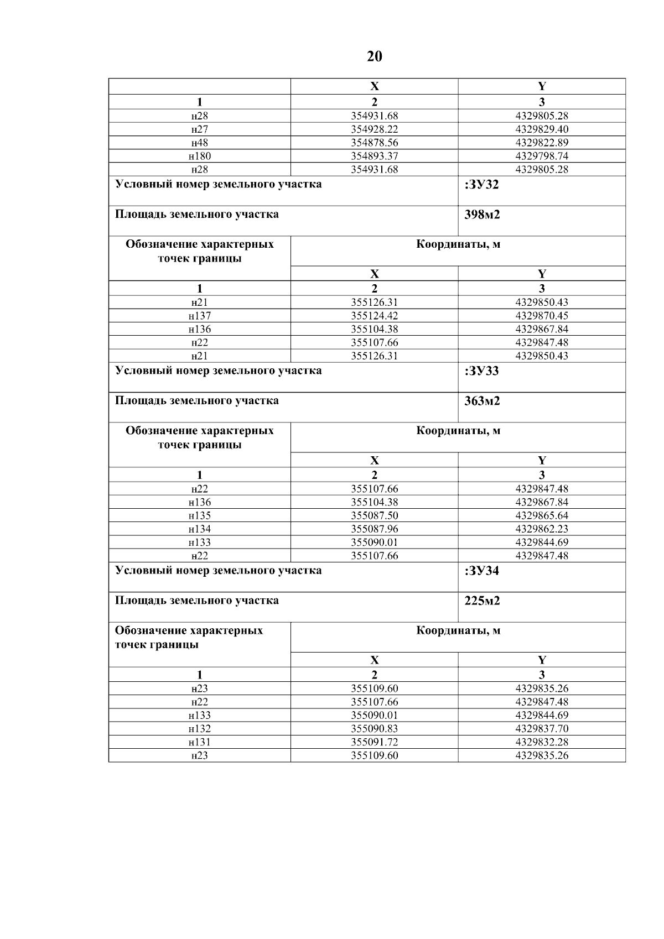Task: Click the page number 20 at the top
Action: point(374,56)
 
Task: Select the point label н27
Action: point(199,129)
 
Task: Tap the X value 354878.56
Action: point(374,143)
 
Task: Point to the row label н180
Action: point(199,156)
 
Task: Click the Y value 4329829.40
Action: point(541,129)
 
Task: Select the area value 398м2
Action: point(482,215)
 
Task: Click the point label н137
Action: point(199,316)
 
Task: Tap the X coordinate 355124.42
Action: point(374,316)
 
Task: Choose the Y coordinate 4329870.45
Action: point(541,316)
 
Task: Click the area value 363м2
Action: point(482,401)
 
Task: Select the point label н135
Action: point(199,516)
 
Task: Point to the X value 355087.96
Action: point(374,529)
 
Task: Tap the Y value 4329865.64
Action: point(541,516)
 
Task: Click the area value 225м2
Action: point(482,601)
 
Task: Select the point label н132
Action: point(199,729)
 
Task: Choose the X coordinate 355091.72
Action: point(374,742)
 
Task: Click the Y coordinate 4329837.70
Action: point(541,729)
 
